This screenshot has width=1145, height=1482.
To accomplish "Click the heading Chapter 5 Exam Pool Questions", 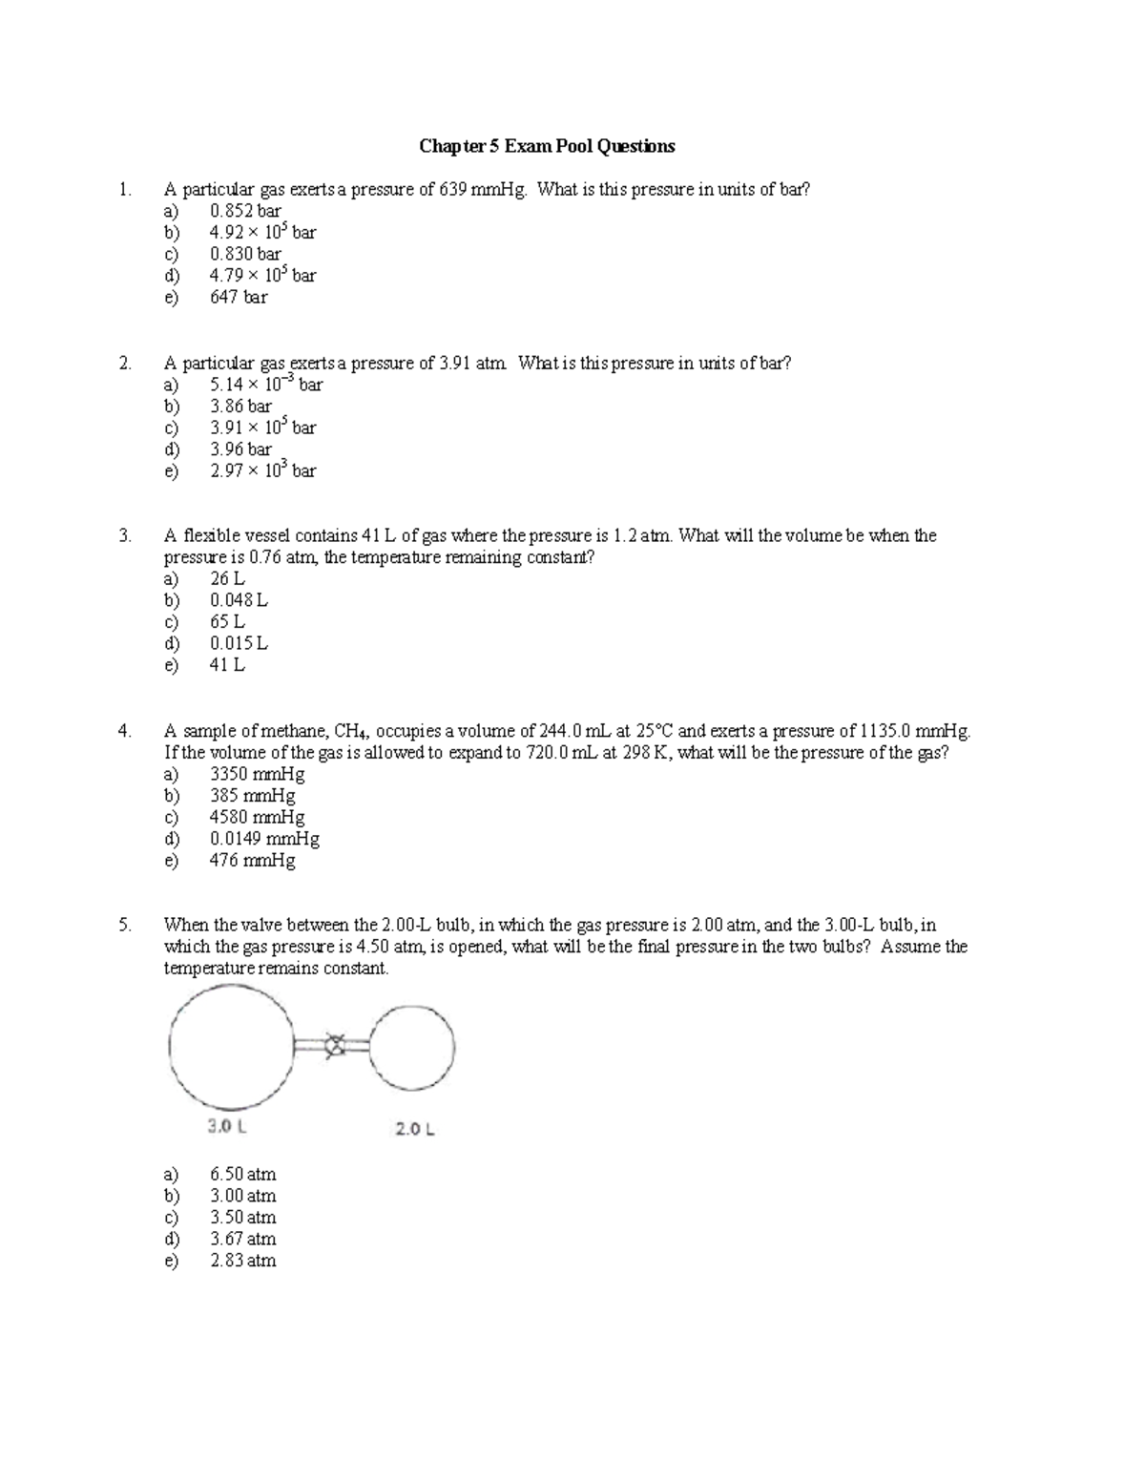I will point(547,146).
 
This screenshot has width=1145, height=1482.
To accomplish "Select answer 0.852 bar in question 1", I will point(245,211).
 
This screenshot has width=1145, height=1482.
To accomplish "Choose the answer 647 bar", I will point(239,297).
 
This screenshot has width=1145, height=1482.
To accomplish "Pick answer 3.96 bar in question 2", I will point(240,449).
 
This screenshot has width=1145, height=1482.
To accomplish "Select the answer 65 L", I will point(227,621).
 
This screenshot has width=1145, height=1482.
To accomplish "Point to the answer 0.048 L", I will point(239,600).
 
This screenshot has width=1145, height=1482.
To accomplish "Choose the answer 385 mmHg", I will point(252,796).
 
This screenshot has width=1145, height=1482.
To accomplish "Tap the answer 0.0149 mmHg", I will point(264,839).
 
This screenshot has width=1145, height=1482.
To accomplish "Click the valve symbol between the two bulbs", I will point(334,1046).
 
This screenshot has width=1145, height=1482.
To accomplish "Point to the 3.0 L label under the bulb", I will point(227,1126).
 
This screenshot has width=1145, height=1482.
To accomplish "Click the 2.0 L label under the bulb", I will point(415,1129).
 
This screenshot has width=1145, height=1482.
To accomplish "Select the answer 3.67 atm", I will point(242,1239).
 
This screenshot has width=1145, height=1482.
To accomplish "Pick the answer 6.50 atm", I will point(242,1174).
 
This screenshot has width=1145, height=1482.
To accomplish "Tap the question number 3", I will point(124,535).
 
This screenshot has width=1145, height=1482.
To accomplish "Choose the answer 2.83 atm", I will point(242,1261).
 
